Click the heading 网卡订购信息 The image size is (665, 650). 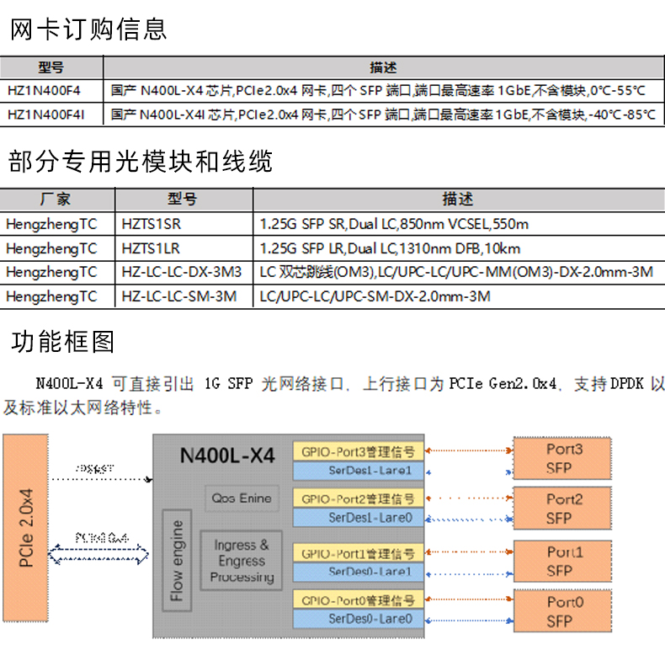click(x=88, y=29)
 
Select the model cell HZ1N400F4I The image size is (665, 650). click(x=46, y=114)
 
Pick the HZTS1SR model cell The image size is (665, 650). click(x=152, y=224)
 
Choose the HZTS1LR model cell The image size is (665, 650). click(x=151, y=248)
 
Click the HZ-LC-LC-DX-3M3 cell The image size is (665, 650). click(x=181, y=272)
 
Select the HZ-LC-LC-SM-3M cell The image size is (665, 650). click(x=178, y=296)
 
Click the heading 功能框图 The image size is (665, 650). click(x=63, y=342)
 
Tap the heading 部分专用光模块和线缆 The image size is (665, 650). click(x=140, y=161)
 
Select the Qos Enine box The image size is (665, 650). click(x=242, y=498)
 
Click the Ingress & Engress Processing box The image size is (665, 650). click(x=242, y=562)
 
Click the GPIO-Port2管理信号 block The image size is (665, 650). click(x=358, y=499)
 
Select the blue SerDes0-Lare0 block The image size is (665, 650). click(x=358, y=619)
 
